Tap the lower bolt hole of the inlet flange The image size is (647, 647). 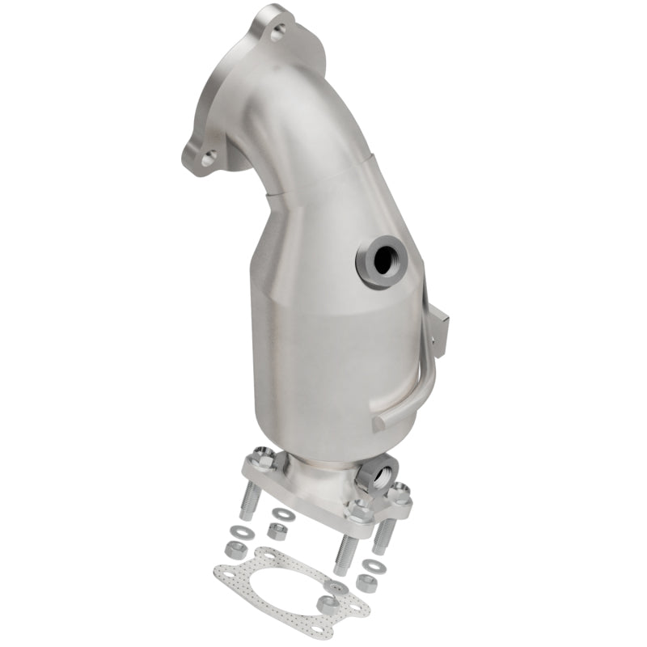click(209, 159)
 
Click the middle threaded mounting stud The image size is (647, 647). click(344, 551)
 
